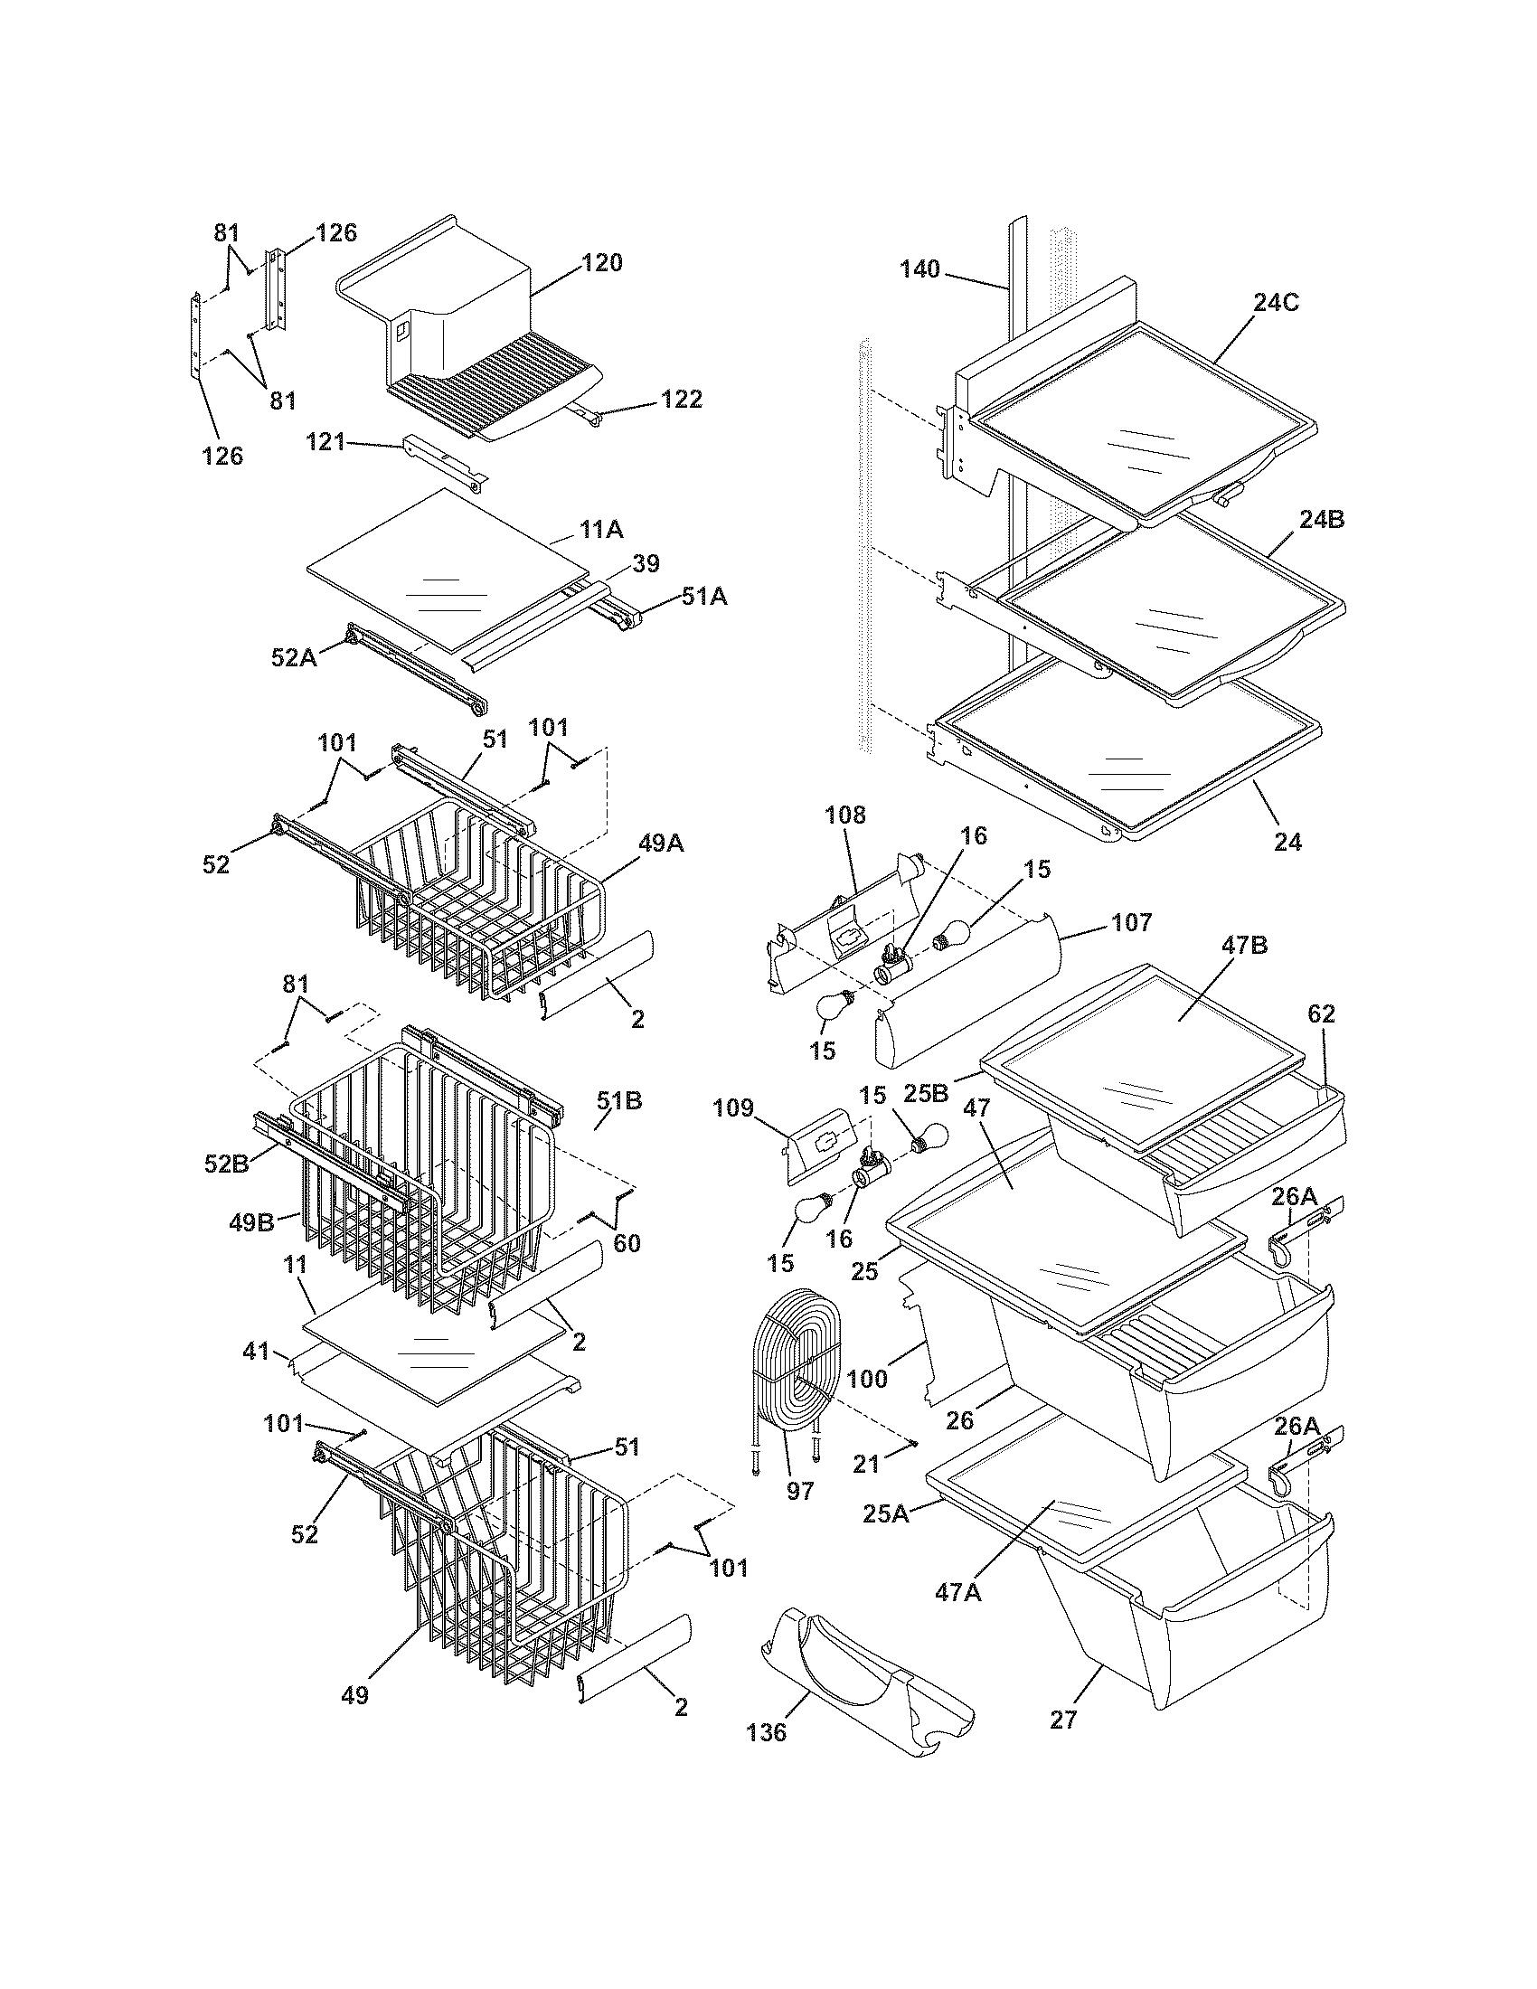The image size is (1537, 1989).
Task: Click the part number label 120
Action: tap(602, 263)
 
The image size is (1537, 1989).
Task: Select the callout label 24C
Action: tap(1275, 303)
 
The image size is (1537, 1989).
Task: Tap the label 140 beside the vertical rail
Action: tap(919, 269)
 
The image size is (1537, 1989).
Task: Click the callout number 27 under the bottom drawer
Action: tap(1062, 1720)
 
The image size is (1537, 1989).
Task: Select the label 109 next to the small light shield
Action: tap(734, 1108)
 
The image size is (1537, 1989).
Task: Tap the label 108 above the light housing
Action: tap(846, 815)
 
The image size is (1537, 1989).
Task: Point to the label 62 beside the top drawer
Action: tap(1321, 1014)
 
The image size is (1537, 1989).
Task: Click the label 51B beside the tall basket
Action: tap(619, 1101)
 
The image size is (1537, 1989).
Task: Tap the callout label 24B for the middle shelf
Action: tap(1322, 520)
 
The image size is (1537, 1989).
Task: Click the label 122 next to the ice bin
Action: tap(682, 399)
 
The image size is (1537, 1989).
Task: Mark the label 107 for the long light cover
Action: tap(1131, 922)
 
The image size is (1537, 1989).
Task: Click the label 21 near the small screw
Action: tap(866, 1464)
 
